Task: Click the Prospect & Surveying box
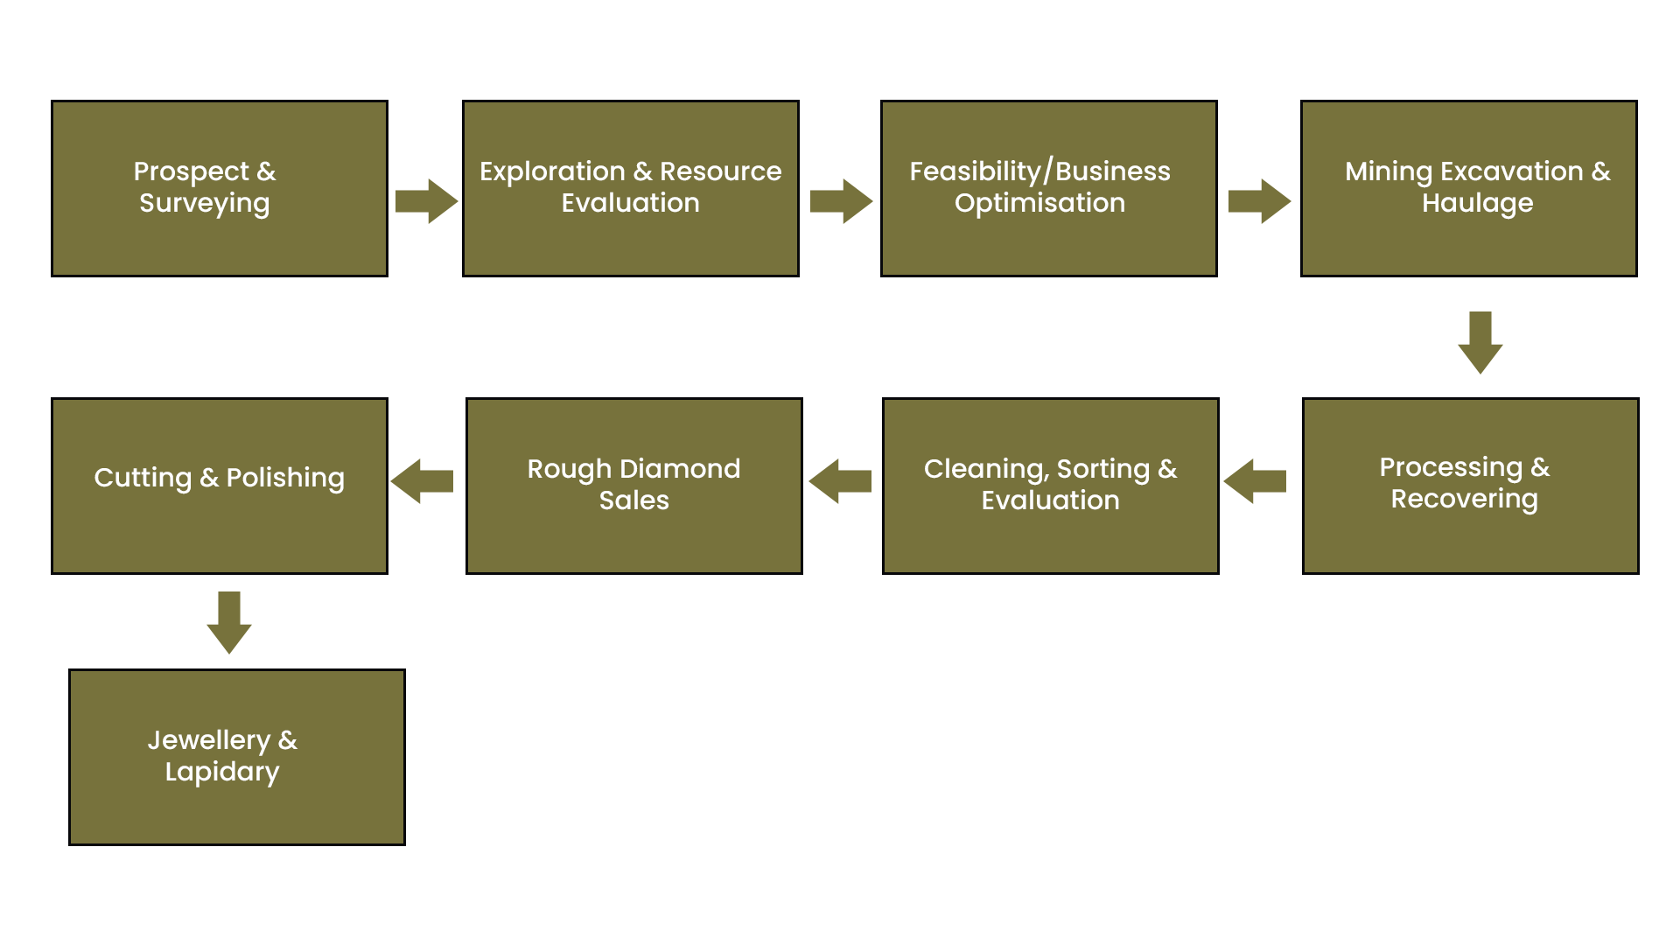pos(220,188)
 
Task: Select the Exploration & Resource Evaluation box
pos(631,188)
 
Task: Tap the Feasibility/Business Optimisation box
pos(1049,188)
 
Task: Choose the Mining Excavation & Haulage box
pos(1469,188)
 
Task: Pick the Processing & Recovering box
pos(1471,486)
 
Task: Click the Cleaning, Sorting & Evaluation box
pos(1051,486)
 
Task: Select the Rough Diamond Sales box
pos(634,486)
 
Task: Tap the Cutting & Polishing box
pos(220,486)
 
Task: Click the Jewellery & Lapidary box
pos(237,757)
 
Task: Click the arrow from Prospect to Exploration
pos(426,201)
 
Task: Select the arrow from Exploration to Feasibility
pos(841,201)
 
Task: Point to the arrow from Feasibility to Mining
pos(1259,201)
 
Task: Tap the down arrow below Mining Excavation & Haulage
pos(1480,342)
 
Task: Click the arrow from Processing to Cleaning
pos(1255,481)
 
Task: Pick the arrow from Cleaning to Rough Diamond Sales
pos(840,481)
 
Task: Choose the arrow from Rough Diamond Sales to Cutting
pos(422,481)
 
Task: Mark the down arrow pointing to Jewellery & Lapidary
pos(229,622)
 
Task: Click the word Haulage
pos(1478,204)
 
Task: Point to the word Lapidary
pos(222,773)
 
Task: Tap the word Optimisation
pos(1040,204)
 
